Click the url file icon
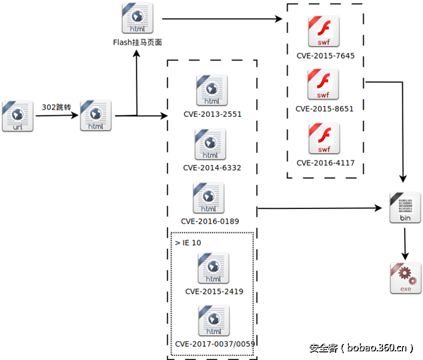pyautogui.click(x=17, y=115)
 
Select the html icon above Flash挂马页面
pyautogui.click(x=137, y=19)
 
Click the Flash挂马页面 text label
pyautogui.click(x=137, y=43)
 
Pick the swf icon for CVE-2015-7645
pyautogui.click(x=323, y=31)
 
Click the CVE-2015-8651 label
pyautogui.click(x=324, y=108)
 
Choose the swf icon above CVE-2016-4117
pyautogui.click(x=323, y=139)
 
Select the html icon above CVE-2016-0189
pyautogui.click(x=209, y=198)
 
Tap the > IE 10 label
pyautogui.click(x=188, y=242)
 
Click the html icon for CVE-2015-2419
pyautogui.click(x=214, y=268)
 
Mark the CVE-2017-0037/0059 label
pyautogui.click(x=215, y=343)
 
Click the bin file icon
pyautogui.click(x=404, y=208)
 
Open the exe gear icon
pyautogui.click(x=406, y=278)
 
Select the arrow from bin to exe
pyautogui.click(x=404, y=244)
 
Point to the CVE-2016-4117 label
pyautogui.click(x=324, y=162)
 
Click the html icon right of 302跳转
pyautogui.click(x=95, y=115)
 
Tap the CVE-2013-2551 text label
pyautogui.click(x=212, y=114)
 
